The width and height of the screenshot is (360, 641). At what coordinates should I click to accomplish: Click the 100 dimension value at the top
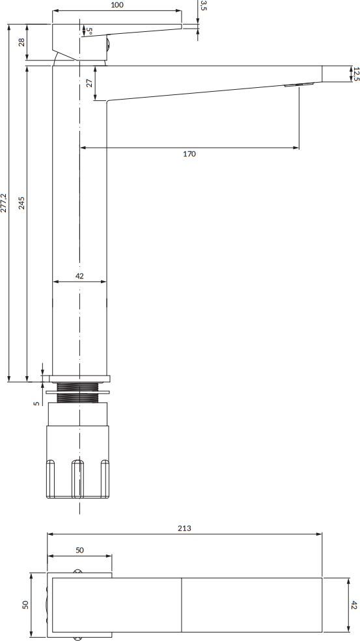117,5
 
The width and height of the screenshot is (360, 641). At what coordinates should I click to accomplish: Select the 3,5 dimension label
203,6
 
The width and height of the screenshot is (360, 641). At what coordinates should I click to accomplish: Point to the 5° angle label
89,31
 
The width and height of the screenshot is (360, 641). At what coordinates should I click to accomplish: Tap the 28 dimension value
21,42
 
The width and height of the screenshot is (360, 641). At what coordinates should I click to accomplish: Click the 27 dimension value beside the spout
89,83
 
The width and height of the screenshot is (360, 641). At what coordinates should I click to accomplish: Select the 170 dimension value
189,154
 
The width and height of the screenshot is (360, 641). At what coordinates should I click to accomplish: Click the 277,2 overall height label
4,202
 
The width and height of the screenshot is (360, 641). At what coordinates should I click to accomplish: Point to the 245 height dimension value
21,202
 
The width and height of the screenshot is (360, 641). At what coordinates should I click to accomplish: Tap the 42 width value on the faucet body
79,276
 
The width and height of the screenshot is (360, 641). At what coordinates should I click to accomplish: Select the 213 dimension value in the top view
184,528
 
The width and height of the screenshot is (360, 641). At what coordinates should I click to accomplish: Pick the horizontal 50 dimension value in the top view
79,550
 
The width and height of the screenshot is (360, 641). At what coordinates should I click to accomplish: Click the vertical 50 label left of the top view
26,605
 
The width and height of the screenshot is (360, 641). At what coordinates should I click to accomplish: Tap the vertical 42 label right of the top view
354,605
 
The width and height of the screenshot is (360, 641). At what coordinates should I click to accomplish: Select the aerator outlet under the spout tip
298,85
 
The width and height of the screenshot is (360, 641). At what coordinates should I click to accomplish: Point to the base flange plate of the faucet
79,378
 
